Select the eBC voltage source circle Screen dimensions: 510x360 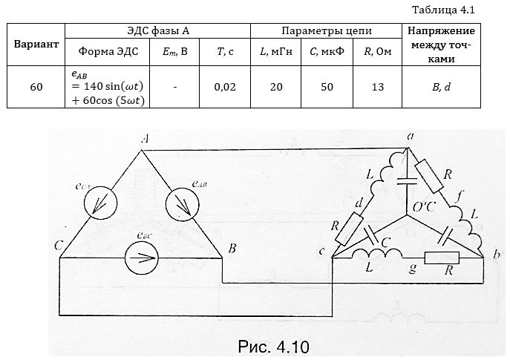click(142, 258)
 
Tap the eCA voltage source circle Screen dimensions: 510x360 click(100, 203)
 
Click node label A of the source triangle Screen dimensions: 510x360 click(145, 140)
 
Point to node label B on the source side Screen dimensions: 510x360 click(232, 249)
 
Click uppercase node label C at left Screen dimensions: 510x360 click(59, 246)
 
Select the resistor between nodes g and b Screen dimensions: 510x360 click(442, 258)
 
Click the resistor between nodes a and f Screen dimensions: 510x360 click(429, 176)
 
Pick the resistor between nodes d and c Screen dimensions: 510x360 click(349, 229)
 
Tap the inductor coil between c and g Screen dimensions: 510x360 click(377, 254)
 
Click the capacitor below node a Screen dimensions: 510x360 click(407, 181)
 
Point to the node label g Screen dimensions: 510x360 click(413, 269)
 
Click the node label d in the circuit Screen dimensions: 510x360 click(359, 203)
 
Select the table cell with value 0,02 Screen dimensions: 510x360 click(225, 87)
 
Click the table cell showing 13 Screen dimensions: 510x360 click(377, 87)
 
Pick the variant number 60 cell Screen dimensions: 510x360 click(36, 87)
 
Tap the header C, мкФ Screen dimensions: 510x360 click(327, 52)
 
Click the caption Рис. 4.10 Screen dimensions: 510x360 click(273, 347)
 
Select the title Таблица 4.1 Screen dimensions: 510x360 click(444, 10)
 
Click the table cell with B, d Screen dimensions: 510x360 click(442, 87)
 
